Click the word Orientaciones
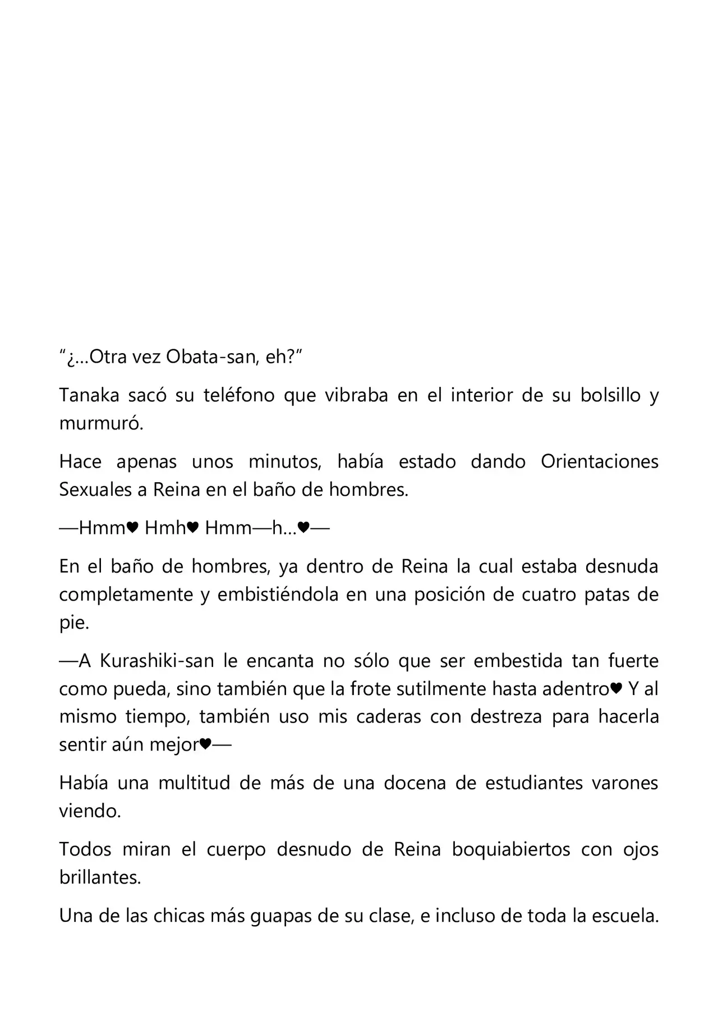(599, 461)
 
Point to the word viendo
(90, 811)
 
